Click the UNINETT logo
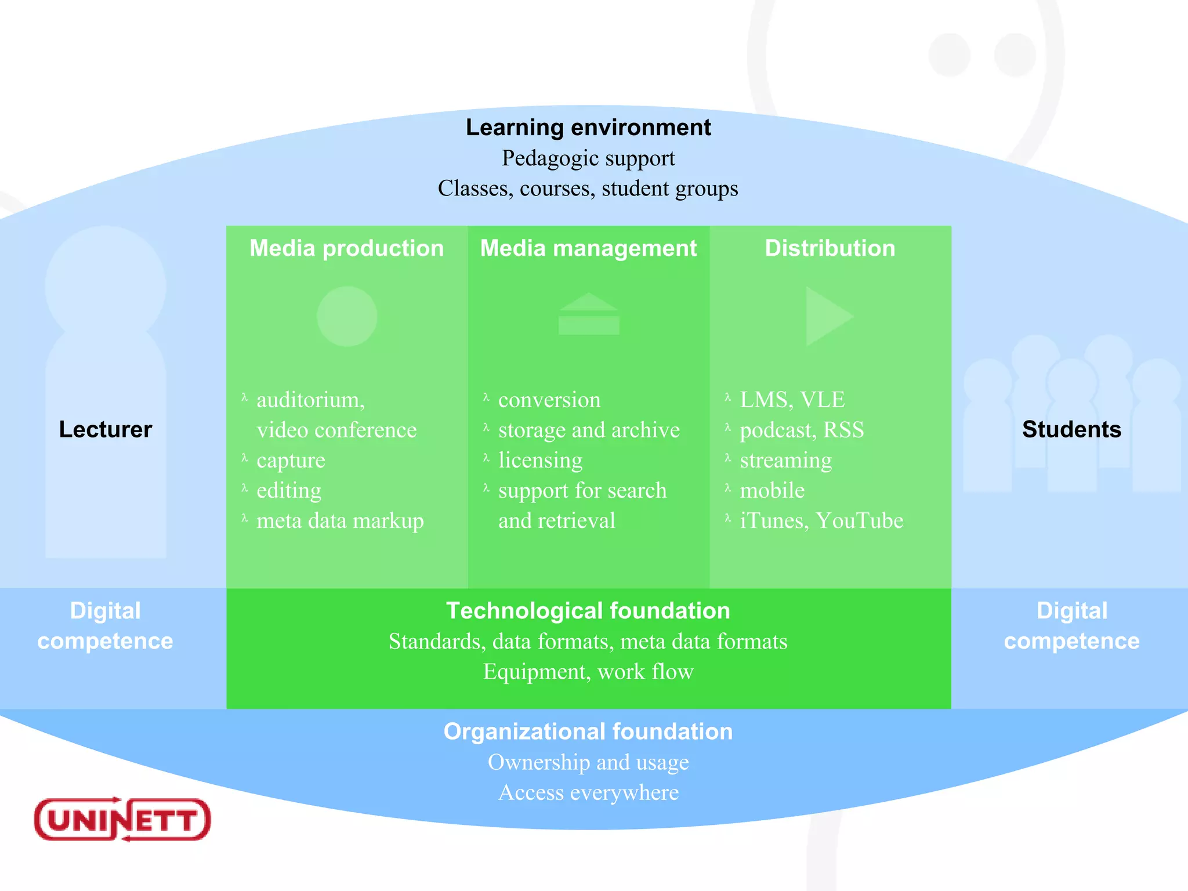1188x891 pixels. click(122, 819)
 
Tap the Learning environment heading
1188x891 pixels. click(588, 128)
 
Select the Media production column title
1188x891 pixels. click(346, 248)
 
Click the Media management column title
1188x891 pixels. click(588, 248)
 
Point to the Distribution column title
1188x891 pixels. click(830, 248)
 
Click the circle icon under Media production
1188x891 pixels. click(347, 316)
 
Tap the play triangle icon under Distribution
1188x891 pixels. click(826, 316)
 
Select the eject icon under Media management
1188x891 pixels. click(589, 314)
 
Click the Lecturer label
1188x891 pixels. click(105, 429)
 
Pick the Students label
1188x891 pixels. click(1071, 429)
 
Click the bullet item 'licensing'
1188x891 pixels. click(540, 460)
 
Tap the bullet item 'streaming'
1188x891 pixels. click(785, 460)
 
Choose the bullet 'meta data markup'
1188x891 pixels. click(340, 520)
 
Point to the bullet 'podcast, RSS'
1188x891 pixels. click(802, 430)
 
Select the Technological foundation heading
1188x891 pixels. click(588, 611)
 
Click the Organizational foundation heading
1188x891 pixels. click(588, 731)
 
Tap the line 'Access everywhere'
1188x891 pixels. click(588, 792)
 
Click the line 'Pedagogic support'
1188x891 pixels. click(588, 158)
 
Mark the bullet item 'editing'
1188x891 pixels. click(288, 490)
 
